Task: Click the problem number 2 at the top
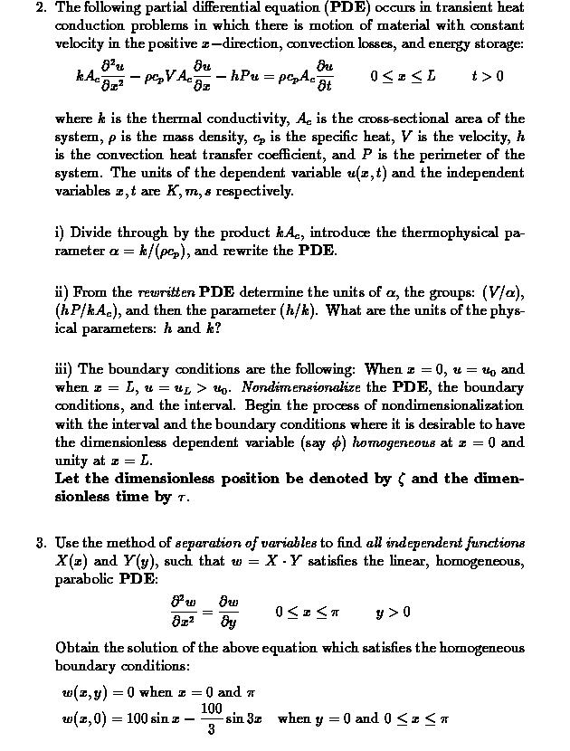[40, 7]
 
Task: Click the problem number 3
[40, 543]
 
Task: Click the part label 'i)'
[60, 233]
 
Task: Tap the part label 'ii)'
[62, 292]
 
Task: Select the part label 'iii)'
[64, 369]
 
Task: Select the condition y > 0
[394, 613]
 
